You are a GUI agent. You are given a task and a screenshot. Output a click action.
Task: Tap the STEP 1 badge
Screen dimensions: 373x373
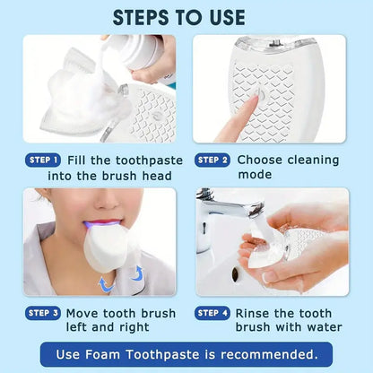tap(42, 160)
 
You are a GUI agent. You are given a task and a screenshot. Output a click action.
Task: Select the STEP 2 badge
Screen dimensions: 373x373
tap(213, 160)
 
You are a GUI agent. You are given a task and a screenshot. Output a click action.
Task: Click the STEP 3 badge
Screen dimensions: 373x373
tap(42, 313)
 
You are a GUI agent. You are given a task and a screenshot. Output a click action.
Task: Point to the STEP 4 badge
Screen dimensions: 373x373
tap(213, 313)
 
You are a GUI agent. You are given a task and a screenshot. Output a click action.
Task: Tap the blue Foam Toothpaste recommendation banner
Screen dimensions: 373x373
tap(186, 354)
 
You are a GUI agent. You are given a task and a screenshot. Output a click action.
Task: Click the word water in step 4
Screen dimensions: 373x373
tap(324, 327)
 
